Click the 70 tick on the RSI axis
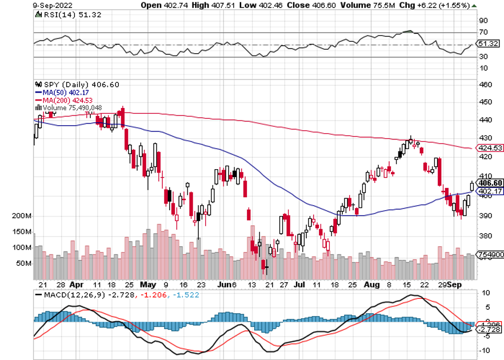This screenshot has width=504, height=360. click(483, 33)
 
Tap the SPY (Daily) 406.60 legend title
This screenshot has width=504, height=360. click(77, 84)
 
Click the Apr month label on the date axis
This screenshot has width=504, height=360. click(75, 283)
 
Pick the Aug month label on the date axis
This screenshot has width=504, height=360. click(373, 283)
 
